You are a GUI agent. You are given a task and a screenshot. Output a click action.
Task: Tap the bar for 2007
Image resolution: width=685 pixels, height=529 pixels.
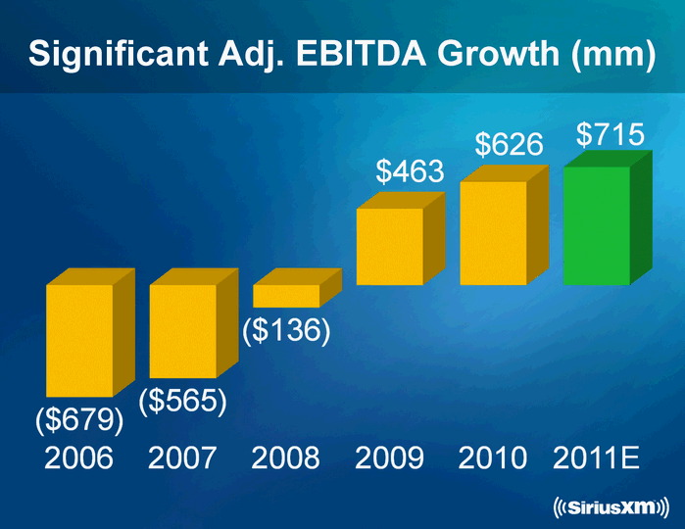tap(183, 331)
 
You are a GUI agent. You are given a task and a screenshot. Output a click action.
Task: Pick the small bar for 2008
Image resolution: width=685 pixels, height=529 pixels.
tap(286, 295)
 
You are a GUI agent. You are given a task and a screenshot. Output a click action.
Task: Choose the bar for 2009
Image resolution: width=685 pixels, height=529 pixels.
tap(390, 246)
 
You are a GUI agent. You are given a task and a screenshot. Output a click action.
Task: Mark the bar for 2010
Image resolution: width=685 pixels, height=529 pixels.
tap(494, 232)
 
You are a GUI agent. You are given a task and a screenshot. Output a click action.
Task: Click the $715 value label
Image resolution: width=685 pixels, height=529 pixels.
tap(610, 134)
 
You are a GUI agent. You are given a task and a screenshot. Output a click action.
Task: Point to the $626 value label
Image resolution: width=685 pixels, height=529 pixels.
tap(510, 146)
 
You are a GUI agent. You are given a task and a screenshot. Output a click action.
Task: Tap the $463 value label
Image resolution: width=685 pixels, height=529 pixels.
tap(411, 172)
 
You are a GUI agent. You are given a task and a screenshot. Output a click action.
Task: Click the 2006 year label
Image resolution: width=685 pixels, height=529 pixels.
tap(79, 457)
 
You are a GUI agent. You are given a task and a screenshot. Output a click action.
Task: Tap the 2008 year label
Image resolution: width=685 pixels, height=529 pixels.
tap(285, 457)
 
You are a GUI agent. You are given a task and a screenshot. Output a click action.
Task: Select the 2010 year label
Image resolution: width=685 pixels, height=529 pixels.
tap(493, 457)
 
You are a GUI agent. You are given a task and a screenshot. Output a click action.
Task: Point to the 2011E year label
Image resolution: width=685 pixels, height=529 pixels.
tap(597, 457)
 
